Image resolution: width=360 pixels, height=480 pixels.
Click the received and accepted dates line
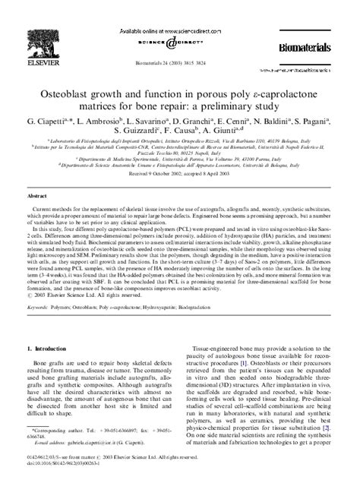(x=179, y=173)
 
